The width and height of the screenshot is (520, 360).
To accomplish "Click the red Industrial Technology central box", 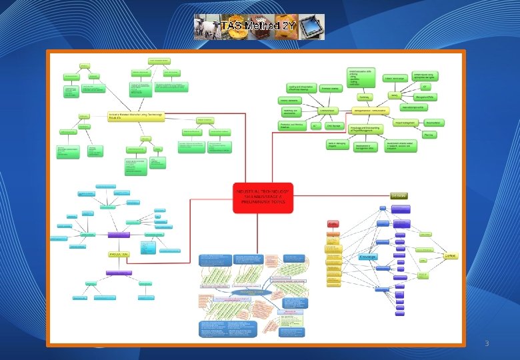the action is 263,197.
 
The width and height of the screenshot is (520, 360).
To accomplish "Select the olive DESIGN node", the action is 399,195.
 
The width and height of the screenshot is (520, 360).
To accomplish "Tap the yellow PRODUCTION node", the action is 119,255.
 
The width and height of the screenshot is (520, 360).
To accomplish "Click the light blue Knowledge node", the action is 368,257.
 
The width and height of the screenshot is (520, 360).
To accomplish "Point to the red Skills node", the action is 333,224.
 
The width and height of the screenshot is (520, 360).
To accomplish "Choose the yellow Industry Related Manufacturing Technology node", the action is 135,115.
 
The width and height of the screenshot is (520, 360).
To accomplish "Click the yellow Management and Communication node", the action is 369,111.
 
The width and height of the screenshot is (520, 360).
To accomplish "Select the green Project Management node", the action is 407,123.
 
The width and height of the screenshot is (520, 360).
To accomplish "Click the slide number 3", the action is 487,344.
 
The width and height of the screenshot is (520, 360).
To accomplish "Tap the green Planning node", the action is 429,135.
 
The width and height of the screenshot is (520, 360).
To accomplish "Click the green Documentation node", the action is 433,123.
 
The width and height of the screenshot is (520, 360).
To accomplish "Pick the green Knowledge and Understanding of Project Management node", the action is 365,129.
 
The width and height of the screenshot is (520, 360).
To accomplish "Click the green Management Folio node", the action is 425,97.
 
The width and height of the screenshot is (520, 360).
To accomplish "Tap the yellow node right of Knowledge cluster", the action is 451,256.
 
